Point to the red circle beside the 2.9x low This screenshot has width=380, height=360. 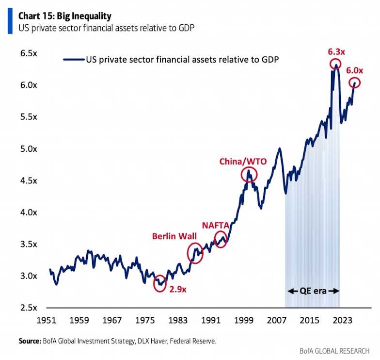pyautogui.click(x=160, y=284)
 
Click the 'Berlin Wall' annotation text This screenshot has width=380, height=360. pyautogui.click(x=174, y=236)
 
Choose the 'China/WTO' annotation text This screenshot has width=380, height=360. pyautogui.click(x=243, y=161)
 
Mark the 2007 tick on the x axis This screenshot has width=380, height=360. pyautogui.click(x=276, y=321)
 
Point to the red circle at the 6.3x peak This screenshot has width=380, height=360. pyautogui.click(x=335, y=64)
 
